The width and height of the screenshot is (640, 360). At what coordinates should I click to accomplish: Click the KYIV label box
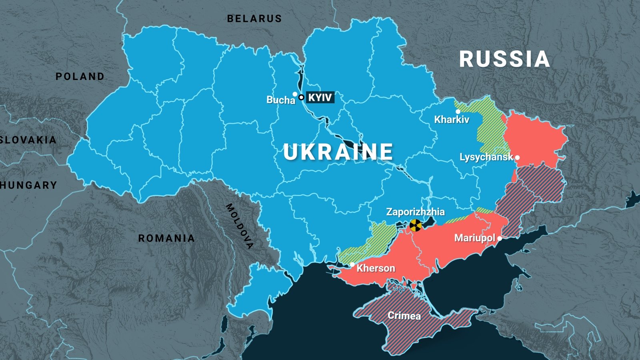320,98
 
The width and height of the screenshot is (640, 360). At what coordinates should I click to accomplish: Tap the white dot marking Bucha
295,94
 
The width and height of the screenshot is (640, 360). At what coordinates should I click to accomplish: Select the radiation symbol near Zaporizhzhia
416,226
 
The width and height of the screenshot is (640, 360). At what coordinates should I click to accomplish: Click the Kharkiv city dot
458,112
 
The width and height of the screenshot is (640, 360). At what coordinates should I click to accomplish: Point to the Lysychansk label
486,157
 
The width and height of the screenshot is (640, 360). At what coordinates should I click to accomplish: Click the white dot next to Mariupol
500,238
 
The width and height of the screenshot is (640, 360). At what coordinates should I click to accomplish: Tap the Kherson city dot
352,264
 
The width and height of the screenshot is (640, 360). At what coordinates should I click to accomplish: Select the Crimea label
404,316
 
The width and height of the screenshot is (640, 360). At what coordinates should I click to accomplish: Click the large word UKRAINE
338,152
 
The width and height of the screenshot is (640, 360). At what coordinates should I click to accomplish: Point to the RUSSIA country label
504,59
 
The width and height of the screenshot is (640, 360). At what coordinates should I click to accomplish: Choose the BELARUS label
254,19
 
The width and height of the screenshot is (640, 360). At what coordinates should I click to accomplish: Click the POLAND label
80,76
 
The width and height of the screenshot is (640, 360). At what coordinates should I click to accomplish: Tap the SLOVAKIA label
28,140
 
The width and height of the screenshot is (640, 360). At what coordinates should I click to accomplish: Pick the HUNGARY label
29,185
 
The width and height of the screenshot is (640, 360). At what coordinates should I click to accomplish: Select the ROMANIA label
166,238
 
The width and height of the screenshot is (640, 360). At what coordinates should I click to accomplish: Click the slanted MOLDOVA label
240,226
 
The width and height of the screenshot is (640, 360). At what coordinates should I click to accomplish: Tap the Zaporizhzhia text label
415,212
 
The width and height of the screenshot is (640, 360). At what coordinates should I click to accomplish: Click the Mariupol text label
475,238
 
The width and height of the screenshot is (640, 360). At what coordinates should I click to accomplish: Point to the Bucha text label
280,100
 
